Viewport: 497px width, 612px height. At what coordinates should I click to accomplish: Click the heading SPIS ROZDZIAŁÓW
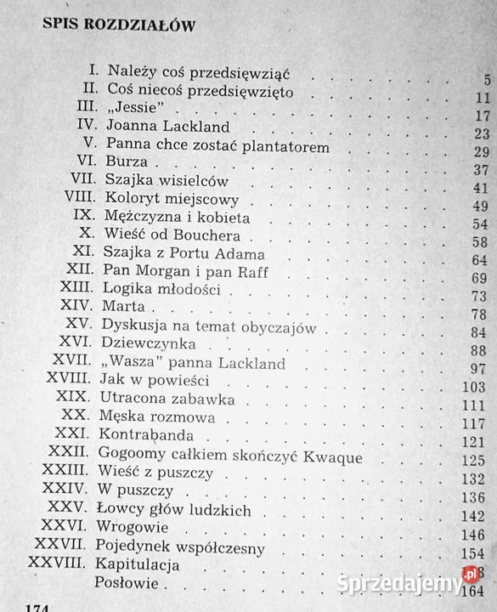pos(119,25)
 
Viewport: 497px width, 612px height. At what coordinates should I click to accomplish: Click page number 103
pos(474,387)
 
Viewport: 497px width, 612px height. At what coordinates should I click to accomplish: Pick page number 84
pos(478,331)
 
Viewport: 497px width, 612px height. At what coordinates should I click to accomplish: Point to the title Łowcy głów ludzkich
pos(173,509)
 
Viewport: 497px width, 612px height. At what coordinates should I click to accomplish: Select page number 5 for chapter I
pos(487,82)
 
